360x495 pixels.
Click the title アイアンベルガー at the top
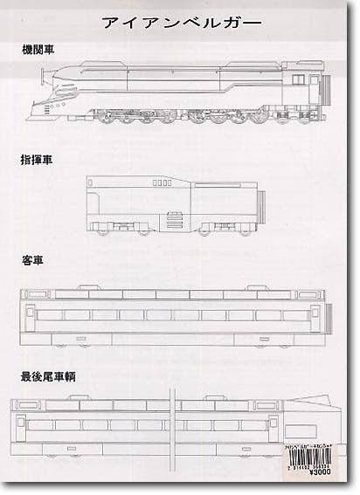coord(181,23)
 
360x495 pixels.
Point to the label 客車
coord(33,260)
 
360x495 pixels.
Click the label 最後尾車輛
coord(51,377)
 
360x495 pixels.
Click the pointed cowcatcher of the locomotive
coord(39,113)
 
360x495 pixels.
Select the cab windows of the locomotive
coord(299,80)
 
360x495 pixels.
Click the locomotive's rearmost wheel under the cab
coord(304,115)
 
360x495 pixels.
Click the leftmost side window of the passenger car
coord(50,314)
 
